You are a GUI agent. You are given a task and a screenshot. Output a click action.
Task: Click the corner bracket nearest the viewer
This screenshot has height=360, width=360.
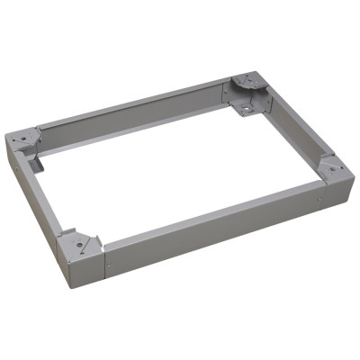tap(78, 242)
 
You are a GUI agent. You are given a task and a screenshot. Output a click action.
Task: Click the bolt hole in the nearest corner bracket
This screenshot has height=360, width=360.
tap(79, 242)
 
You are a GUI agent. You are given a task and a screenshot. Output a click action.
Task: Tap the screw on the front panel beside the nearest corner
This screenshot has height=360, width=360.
tap(110, 266)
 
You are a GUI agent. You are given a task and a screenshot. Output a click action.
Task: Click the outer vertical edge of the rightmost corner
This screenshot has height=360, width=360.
tap(346, 184)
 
